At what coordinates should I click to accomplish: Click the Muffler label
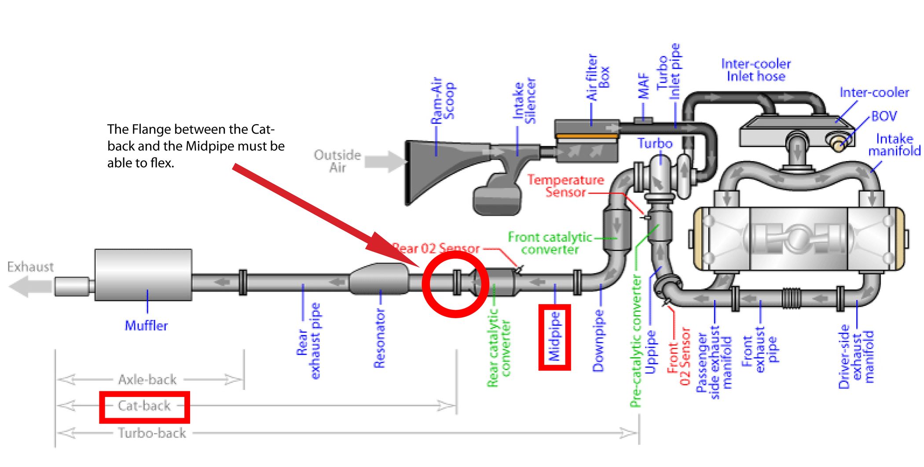point(146,326)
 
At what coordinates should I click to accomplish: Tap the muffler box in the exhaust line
point(143,275)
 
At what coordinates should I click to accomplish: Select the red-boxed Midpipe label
point(555,337)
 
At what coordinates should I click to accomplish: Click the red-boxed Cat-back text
point(144,406)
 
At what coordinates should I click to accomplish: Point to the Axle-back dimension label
point(147,379)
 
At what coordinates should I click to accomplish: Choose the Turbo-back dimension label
point(152,433)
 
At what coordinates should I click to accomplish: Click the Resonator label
point(379,338)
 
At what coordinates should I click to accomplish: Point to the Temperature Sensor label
point(565,186)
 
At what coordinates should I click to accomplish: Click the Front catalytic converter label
point(550,243)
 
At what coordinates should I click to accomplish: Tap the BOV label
point(884,116)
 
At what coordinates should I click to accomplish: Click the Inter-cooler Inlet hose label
point(755,70)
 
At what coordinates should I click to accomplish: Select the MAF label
point(644,86)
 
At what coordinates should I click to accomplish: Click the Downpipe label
point(598,341)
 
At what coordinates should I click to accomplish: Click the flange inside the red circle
point(457,282)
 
